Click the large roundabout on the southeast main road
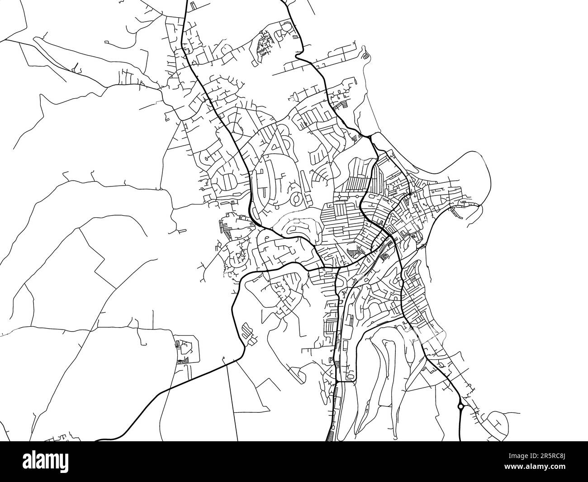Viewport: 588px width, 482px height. pyautogui.click(x=460, y=406)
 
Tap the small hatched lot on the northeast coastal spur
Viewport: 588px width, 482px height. pyautogui.click(x=365, y=56)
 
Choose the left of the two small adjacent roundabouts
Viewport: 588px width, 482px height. pyautogui.click(x=337, y=196)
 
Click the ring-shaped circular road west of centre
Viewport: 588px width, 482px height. pyautogui.click(x=296, y=198)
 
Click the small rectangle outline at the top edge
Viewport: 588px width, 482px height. pyautogui.click(x=194, y=5)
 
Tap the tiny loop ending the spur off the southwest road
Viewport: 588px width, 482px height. pyautogui.click(x=223, y=360)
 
